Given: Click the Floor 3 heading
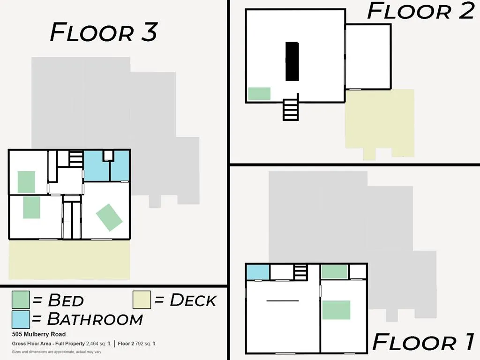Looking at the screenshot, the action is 104,32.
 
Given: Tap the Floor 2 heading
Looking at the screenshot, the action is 421,11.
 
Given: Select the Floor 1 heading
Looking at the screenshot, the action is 423,342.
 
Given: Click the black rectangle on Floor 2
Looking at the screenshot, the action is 292,61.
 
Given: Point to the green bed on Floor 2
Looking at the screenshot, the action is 259,94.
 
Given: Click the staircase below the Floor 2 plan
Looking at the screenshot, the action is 291,110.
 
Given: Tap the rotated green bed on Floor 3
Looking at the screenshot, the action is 109,217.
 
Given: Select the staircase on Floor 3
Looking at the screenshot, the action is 76,158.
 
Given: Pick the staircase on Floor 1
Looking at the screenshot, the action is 300,272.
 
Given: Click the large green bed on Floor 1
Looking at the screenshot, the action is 336,310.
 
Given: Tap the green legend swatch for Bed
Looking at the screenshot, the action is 21,300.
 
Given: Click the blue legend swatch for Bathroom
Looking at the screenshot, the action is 21,319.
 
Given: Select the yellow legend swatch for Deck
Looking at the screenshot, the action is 142,300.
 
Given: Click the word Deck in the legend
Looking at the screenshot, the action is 193,300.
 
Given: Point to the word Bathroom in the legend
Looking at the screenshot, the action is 95,319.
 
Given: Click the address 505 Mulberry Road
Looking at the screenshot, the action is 39,334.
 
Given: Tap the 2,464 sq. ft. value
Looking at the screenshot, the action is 98,344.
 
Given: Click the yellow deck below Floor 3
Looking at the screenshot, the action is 69,260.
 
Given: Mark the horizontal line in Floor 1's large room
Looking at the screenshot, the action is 283,301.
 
